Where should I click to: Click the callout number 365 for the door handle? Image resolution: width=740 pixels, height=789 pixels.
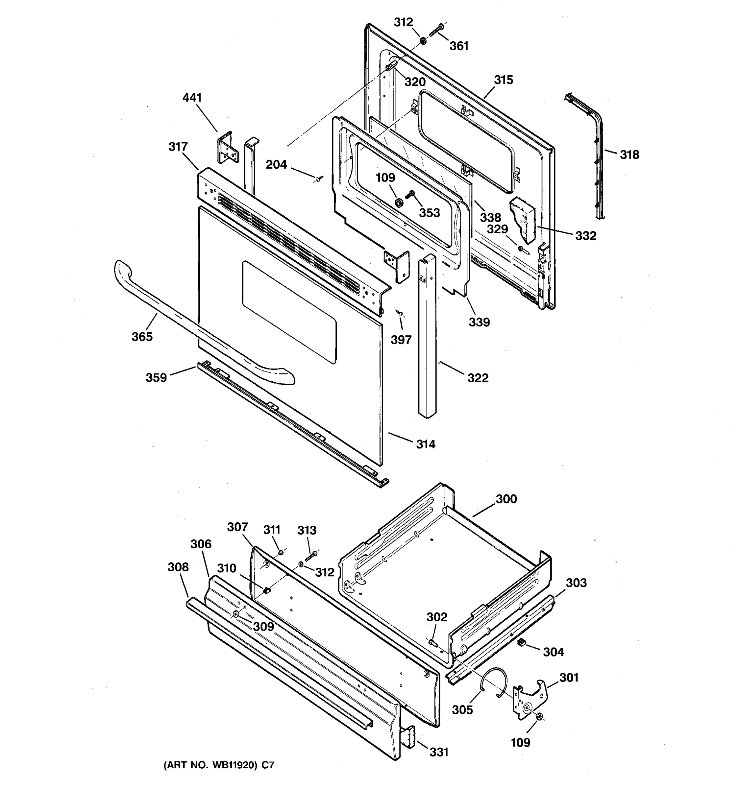click(x=142, y=337)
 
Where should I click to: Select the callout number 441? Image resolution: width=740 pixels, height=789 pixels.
click(x=192, y=98)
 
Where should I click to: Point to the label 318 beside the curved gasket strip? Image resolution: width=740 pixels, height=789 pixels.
click(x=629, y=155)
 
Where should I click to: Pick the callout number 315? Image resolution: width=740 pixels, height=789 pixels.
click(x=504, y=80)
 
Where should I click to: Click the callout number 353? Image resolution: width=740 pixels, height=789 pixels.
click(x=430, y=213)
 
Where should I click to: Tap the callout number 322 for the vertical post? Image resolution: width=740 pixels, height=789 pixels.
click(x=478, y=378)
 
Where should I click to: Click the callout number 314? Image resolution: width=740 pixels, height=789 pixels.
click(x=426, y=444)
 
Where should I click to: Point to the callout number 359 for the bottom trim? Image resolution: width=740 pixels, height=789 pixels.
click(x=156, y=377)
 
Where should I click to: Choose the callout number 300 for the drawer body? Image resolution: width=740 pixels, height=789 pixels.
click(x=506, y=499)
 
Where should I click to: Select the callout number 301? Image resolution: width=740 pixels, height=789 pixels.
click(x=569, y=678)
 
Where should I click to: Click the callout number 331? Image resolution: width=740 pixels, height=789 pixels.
click(x=439, y=752)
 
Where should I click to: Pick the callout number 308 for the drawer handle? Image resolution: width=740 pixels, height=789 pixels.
click(x=178, y=567)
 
